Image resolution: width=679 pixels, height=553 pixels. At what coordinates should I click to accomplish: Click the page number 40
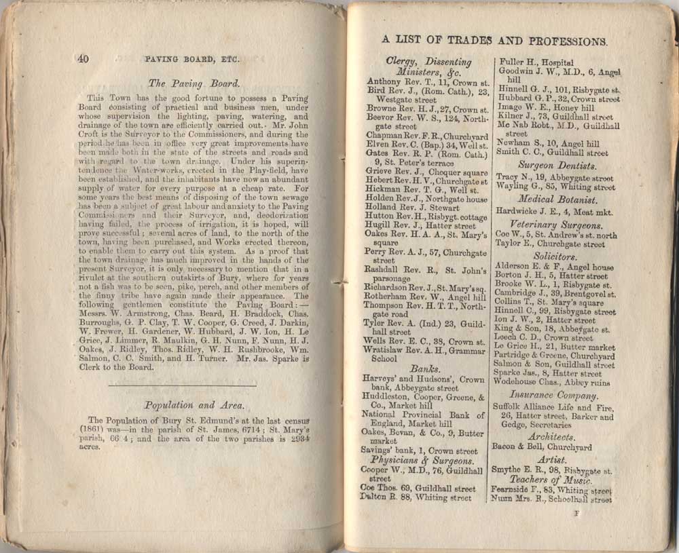(84, 58)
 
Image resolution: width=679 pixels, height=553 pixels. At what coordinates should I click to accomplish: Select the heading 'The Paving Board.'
(194, 84)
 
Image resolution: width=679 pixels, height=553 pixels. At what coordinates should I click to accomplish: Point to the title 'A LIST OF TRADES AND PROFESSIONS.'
(494, 40)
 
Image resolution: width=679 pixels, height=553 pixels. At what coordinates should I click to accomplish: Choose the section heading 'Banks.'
(424, 368)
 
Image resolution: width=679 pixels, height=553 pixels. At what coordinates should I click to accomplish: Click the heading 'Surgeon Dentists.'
(557, 165)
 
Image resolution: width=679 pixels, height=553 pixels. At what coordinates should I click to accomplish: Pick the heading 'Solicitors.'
(555, 257)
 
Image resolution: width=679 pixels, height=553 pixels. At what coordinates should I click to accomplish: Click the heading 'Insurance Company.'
(553, 395)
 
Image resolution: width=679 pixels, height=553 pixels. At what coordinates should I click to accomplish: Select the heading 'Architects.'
(551, 437)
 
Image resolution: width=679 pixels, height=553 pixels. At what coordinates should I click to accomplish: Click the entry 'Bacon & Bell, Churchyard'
(541, 448)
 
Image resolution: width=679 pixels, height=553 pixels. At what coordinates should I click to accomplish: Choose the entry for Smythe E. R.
(551, 470)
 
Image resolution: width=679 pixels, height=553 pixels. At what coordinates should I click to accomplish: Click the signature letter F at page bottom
(576, 514)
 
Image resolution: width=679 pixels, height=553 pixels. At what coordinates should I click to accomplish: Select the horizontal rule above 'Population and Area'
(182, 386)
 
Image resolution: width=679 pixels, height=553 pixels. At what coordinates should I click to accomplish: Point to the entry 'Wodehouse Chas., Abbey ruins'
(551, 382)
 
